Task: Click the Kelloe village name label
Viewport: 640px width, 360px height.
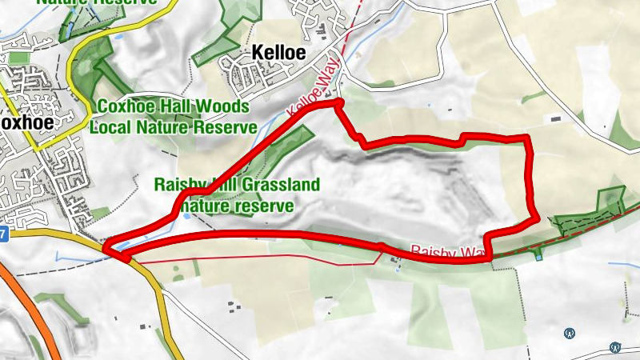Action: pyautogui.click(x=279, y=53)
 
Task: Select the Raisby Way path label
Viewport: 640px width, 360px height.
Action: pyautogui.click(x=448, y=252)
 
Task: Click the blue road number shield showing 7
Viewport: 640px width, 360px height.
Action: pyautogui.click(x=3, y=234)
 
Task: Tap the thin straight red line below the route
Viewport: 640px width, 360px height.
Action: pyautogui.click(x=256, y=261)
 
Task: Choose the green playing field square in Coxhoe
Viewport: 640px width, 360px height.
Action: pyautogui.click(x=99, y=214)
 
